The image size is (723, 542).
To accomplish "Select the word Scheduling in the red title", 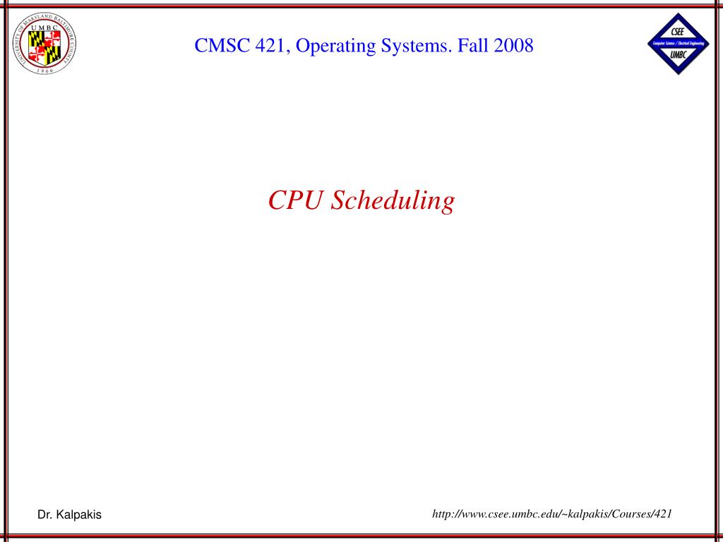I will point(393,201).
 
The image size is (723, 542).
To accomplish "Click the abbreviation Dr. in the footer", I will point(44,515).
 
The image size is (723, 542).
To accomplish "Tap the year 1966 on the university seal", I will point(44,71).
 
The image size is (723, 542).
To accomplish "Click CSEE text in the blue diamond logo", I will point(678,32).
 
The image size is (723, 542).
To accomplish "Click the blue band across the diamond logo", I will point(678,44).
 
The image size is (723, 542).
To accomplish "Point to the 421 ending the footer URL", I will point(663,514).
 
